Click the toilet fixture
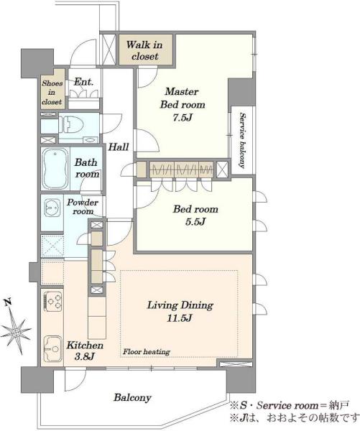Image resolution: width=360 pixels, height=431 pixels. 72,125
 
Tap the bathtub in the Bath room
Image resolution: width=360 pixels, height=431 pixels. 55,169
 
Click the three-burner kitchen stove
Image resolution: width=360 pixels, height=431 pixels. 53,301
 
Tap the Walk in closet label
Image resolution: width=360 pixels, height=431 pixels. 144,50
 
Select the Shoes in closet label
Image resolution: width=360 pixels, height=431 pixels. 52,93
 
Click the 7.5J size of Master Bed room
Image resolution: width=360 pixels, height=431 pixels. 183,118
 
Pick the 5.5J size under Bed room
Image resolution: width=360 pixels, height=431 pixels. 195,221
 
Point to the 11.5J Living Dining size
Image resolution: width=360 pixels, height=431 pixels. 180,318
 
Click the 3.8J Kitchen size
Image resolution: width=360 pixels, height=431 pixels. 84,357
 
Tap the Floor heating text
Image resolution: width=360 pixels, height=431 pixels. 147,351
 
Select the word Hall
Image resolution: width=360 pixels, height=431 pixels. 119,147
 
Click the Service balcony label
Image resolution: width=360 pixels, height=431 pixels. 242,140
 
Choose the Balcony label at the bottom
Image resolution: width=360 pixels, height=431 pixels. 132,398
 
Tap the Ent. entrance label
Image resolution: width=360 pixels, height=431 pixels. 84,82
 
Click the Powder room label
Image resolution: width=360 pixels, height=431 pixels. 83,207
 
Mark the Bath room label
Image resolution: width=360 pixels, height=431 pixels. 87,168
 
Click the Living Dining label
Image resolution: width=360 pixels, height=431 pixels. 180,306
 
